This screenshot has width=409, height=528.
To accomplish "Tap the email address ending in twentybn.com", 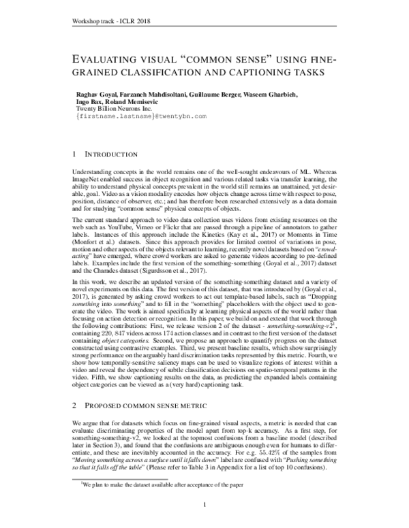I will click(x=131, y=117).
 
